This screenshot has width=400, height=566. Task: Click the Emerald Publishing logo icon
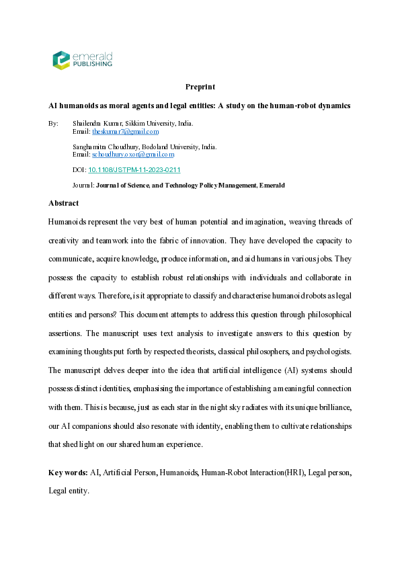[x=61, y=60]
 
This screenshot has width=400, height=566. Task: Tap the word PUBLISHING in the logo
[x=93, y=65]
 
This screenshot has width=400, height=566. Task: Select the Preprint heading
[x=200, y=87]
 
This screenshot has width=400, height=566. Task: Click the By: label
[x=54, y=124]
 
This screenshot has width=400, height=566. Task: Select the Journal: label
[x=83, y=185]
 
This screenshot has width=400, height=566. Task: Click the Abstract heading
[x=63, y=203]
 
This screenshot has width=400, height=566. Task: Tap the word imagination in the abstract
[x=251, y=221]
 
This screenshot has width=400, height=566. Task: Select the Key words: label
[x=68, y=473]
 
